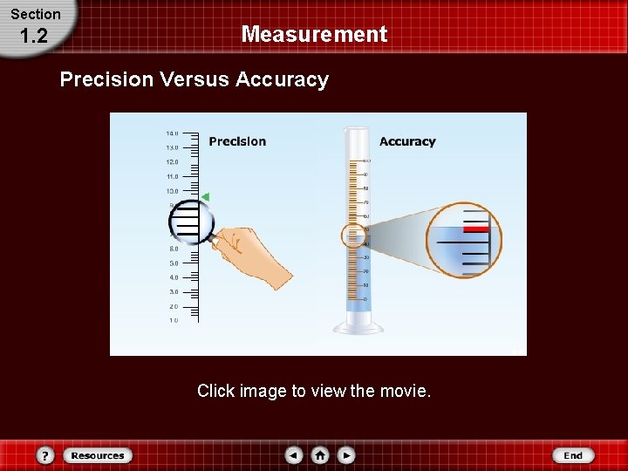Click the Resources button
tap(98, 455)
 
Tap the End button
tap(573, 455)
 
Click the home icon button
tap(320, 455)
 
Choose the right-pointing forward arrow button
tap(346, 455)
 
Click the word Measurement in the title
tap(314, 35)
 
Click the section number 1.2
tap(32, 37)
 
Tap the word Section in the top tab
tap(36, 14)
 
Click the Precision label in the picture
tap(237, 141)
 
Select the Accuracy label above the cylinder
tap(407, 141)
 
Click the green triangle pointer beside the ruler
tap(206, 197)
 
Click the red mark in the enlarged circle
tap(475, 228)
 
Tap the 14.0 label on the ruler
tap(172, 133)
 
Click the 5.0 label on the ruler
tap(174, 263)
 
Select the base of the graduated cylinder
tap(358, 327)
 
